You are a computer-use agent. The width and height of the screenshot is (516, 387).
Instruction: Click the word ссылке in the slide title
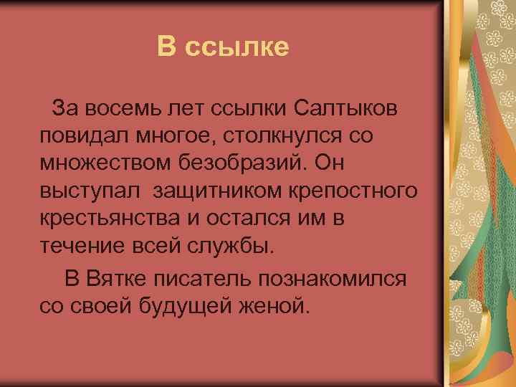pos(237,47)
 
